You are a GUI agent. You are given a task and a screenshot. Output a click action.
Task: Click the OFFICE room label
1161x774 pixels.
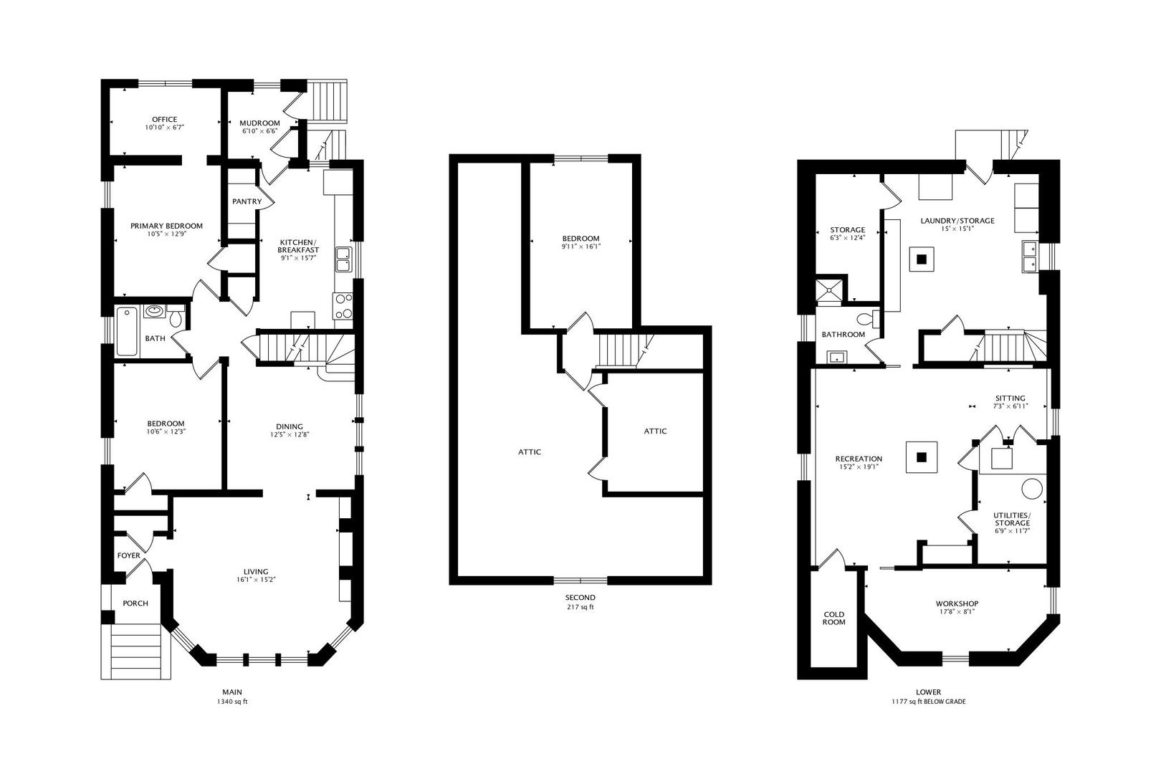(164, 119)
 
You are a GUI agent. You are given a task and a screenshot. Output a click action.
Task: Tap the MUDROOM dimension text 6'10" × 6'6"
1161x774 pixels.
(259, 131)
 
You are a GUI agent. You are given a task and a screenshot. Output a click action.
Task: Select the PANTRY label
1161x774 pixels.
(247, 201)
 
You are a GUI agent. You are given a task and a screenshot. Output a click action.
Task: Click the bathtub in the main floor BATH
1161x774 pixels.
(127, 332)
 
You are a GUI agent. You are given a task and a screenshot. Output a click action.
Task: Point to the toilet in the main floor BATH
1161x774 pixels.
(176, 317)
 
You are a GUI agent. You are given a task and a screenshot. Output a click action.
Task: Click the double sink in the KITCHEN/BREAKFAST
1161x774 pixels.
(343, 259)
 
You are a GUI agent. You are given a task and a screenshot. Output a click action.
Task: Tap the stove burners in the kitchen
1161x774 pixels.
(343, 307)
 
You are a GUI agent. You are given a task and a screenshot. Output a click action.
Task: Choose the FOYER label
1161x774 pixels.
(128, 555)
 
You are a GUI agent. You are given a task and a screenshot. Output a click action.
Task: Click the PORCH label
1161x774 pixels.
(135, 603)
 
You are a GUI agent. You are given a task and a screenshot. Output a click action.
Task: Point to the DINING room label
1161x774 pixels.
(290, 426)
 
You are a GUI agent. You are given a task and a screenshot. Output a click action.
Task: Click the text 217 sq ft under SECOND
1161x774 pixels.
(580, 606)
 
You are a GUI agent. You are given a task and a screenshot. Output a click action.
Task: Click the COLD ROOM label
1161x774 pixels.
(833, 618)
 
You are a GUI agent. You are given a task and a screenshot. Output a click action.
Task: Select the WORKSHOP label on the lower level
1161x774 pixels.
(957, 603)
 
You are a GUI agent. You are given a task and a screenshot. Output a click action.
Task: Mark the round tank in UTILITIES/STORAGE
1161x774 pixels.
(1031, 488)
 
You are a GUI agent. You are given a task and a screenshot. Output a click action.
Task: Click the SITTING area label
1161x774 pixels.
(1010, 398)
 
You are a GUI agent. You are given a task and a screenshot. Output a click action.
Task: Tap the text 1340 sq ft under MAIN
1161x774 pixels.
(231, 702)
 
